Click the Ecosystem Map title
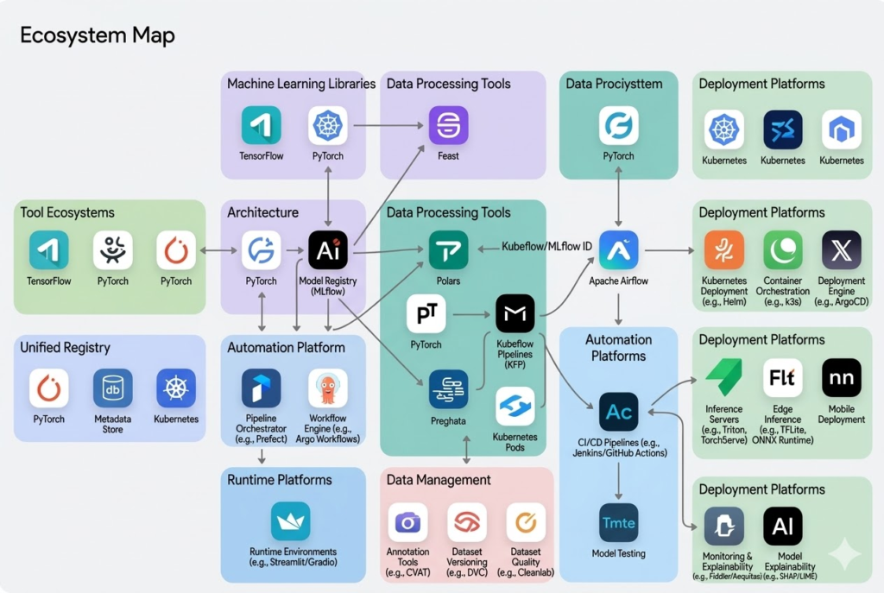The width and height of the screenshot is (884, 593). (97, 36)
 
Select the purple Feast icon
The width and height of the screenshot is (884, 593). (448, 125)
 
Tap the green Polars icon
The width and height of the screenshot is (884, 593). (448, 250)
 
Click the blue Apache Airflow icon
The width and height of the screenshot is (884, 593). (618, 250)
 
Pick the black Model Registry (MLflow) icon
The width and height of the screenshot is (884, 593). (328, 250)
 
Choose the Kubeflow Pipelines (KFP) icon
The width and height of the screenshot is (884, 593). (515, 313)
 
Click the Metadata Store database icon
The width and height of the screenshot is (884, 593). (112, 388)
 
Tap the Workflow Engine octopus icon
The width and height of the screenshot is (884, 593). (328, 388)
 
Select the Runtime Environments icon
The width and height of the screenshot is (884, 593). (291, 521)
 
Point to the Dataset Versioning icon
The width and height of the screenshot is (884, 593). (467, 522)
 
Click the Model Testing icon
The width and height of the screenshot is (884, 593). (618, 522)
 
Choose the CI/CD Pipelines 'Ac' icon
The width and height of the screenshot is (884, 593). (618, 412)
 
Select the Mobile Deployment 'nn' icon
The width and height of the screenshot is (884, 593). (842, 378)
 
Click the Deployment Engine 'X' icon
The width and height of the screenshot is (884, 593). (842, 250)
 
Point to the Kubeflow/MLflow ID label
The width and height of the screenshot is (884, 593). (547, 247)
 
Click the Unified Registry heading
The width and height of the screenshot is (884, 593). (66, 348)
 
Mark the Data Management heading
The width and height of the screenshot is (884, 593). (439, 480)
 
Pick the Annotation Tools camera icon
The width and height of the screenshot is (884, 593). (407, 522)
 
